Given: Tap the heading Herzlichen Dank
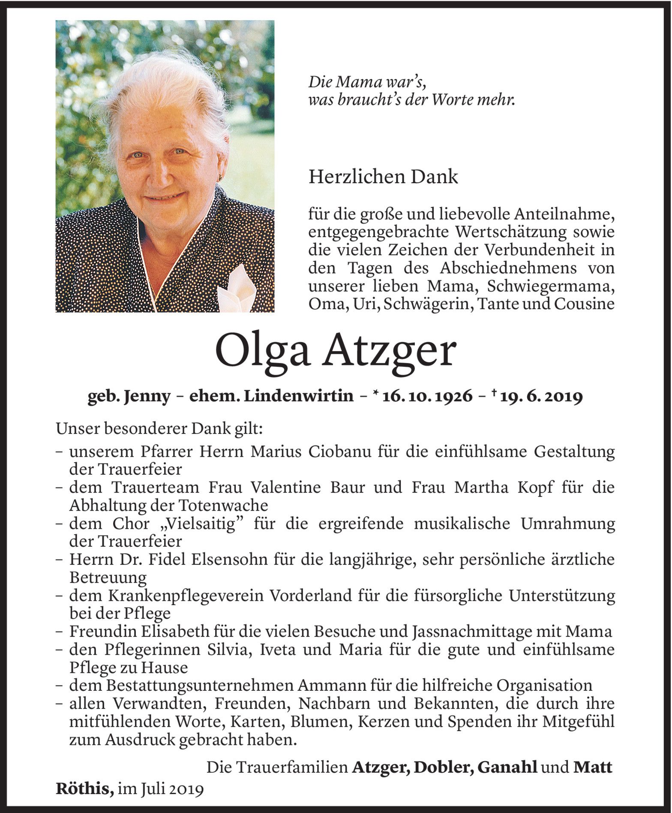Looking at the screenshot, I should point(383,177).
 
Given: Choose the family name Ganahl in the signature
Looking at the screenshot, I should point(507,767).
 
